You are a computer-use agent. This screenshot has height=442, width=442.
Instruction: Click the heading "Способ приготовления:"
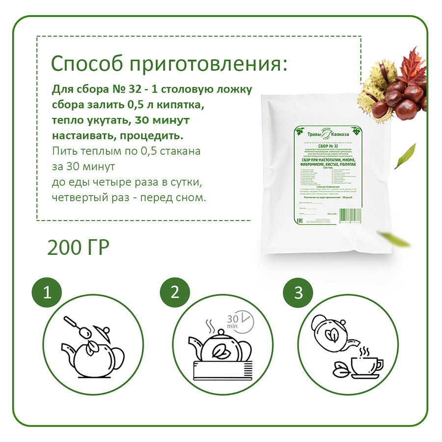pyautogui.click(x=167, y=64)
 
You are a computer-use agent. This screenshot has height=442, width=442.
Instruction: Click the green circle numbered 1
pyautogui.click(x=47, y=293)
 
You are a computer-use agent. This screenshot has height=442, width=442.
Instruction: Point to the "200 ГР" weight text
pyautogui.click(x=78, y=248)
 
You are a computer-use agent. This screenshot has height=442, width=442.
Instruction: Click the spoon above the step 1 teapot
pyautogui.click(x=74, y=324)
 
